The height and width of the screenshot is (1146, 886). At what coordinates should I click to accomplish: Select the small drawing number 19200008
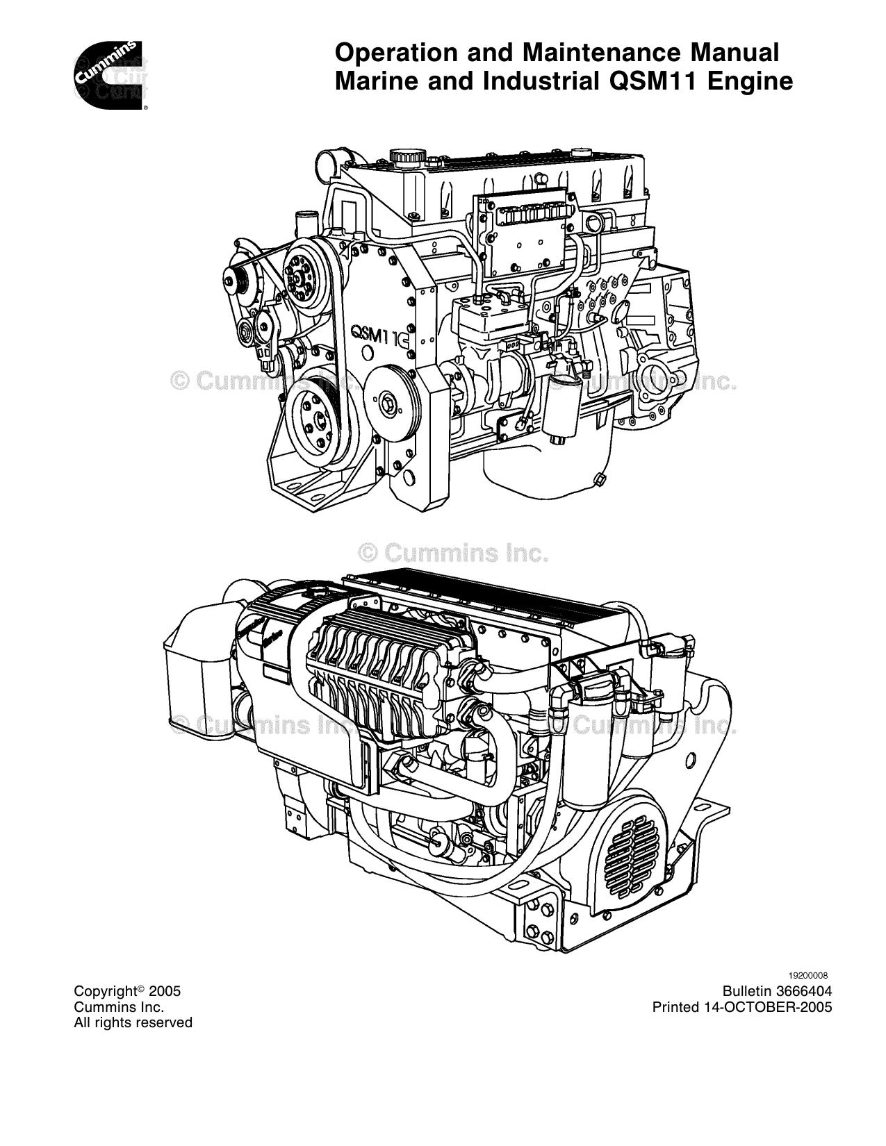pyautogui.click(x=807, y=975)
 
